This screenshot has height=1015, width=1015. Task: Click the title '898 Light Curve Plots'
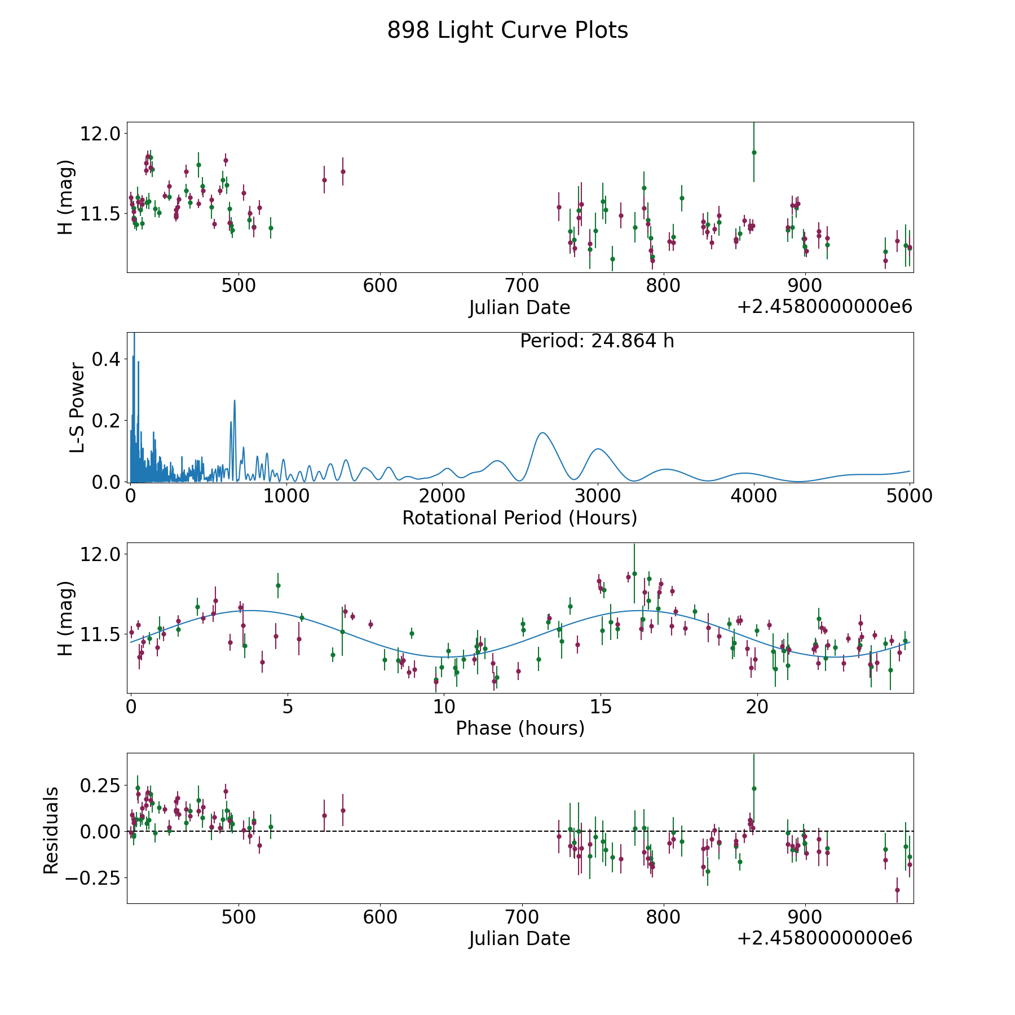tap(507, 30)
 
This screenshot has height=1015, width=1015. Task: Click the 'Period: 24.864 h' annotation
tap(597, 341)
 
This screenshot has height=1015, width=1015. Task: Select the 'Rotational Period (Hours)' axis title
tap(520, 518)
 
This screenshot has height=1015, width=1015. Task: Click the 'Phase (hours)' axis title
tap(520, 728)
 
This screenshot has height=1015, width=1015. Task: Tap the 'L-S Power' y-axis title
tap(78, 408)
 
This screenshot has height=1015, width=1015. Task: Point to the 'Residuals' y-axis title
tap(51, 831)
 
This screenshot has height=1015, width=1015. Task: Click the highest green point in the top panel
tap(754, 152)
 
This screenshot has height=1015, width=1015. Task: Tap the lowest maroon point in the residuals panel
tap(897, 890)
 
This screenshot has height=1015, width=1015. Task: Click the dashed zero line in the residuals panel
tap(520, 831)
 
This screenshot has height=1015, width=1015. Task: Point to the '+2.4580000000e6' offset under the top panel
tap(824, 307)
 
